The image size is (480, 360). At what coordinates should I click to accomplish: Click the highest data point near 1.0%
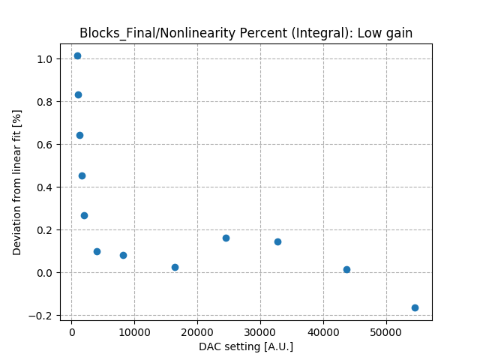pos(77,55)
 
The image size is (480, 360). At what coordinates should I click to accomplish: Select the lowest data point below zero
pos(415,307)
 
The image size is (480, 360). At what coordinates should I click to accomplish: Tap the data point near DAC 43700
pos(346,269)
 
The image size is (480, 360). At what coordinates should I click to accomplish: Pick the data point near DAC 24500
pos(226,238)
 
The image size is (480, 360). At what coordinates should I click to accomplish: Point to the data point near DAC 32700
pos(277,241)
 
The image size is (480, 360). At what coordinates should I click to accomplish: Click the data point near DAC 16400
pos(175,267)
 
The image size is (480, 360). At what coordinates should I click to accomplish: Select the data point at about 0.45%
pos(82,175)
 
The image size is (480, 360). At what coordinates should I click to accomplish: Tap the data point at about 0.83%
pos(78,94)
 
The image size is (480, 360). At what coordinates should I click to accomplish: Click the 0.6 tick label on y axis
pos(46,145)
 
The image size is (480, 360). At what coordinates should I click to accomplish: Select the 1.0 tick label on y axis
pos(46,59)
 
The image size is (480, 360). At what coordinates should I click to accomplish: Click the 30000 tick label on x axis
pos(260,331)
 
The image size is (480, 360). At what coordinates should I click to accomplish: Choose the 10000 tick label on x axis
pos(134,331)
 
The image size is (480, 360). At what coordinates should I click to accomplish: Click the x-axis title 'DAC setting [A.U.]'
pos(246,346)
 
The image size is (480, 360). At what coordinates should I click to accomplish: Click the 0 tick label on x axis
pos(71,331)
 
